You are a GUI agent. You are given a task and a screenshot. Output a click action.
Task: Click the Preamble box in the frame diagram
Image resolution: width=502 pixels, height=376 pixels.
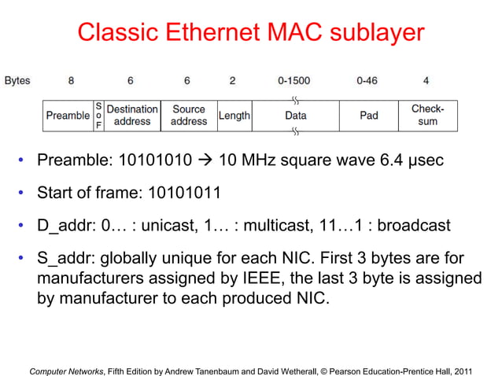pyautogui.click(x=68, y=116)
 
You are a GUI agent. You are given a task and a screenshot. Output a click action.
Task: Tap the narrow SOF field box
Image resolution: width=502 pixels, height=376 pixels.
pyautogui.click(x=98, y=116)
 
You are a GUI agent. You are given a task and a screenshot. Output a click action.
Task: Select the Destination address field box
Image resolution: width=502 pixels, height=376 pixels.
pyautogui.click(x=132, y=116)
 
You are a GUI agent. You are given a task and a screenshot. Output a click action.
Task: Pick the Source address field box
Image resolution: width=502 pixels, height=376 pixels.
pyautogui.click(x=188, y=116)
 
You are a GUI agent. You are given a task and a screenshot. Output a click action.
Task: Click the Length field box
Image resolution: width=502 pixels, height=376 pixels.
pyautogui.click(x=234, y=116)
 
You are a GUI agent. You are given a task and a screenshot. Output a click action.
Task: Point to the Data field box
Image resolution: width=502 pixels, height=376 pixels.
pyautogui.click(x=296, y=116)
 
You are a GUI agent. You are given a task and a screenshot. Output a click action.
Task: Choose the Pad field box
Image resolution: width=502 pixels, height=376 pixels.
pyautogui.click(x=368, y=116)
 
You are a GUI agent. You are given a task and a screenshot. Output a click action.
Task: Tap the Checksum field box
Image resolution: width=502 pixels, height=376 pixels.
pyautogui.click(x=427, y=116)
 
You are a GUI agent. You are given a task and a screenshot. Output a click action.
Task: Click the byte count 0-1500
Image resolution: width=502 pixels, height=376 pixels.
pyautogui.click(x=294, y=81)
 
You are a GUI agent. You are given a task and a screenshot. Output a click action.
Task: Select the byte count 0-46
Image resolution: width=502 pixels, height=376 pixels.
pyautogui.click(x=367, y=81)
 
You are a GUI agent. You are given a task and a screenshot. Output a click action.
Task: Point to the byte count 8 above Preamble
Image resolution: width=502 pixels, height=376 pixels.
pyautogui.click(x=72, y=81)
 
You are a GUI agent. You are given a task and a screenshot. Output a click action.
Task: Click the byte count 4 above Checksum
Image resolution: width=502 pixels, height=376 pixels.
pyautogui.click(x=426, y=81)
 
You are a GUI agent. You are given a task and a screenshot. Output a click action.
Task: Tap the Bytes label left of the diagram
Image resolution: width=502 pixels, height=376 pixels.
pyautogui.click(x=17, y=81)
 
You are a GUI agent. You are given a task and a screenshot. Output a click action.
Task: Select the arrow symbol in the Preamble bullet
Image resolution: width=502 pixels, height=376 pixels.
pyautogui.click(x=207, y=161)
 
